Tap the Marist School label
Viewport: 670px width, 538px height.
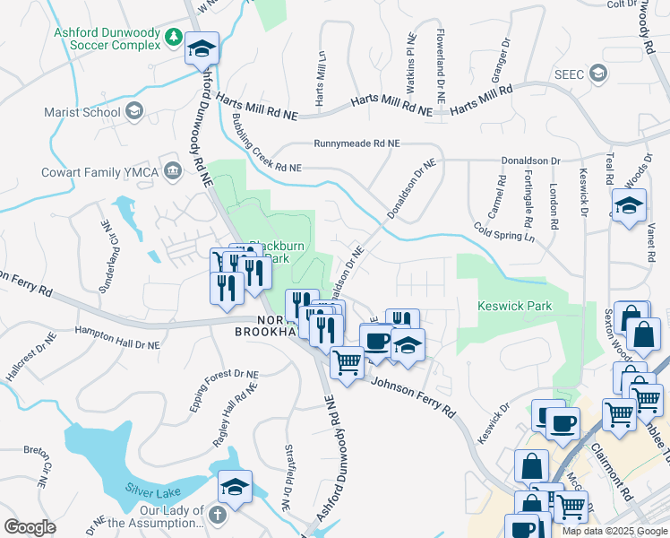[x=82, y=113]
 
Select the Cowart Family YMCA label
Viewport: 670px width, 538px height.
[x=105, y=171]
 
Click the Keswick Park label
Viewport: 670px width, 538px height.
[x=514, y=306]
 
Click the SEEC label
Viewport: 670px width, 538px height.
[x=569, y=74]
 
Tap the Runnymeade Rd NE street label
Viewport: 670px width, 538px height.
[x=356, y=143]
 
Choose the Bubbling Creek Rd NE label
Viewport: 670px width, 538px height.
[x=266, y=143]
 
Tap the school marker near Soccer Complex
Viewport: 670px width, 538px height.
[x=202, y=48]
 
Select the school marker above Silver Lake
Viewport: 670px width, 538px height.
[x=236, y=487]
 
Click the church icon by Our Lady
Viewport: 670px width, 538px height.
[x=218, y=515]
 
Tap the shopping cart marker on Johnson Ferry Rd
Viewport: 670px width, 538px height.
[x=347, y=362]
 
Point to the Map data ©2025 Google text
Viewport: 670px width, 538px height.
[x=614, y=531]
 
